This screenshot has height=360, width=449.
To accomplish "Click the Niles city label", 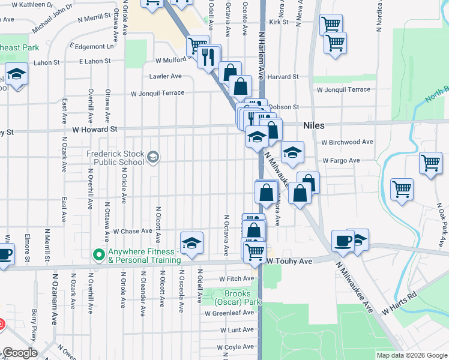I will pos(314,125).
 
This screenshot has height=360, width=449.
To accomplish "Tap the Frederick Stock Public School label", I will pos(115,157).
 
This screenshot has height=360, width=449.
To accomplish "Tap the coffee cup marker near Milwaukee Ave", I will pos(343,240).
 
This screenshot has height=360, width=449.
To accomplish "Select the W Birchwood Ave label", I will pos(347,142).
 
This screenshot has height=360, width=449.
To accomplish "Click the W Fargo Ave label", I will pos(340,161).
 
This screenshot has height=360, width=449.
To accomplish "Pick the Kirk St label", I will pos(279,22).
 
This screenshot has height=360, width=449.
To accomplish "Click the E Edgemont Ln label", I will pos(91,46).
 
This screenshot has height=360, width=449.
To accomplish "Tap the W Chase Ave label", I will pos(133,231).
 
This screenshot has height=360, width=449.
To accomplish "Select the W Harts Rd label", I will pos(399,304).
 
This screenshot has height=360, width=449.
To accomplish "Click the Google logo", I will pos(19,353).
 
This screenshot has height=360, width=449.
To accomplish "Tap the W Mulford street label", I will pos(170,60).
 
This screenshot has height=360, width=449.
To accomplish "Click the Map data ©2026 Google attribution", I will pos(411,355).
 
